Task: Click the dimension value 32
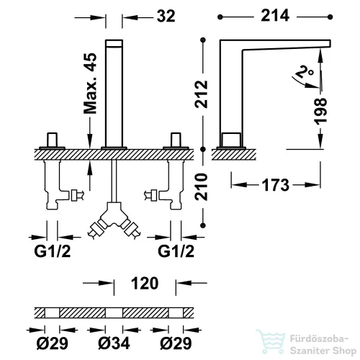pos(166,17)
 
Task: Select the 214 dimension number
pos(275,16)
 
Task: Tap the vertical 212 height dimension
pos(201,94)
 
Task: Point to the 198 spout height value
pos(320,111)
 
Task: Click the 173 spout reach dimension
pos(276,185)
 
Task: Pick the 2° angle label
pos(305,71)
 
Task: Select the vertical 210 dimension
pos(201,186)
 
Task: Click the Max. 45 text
pos(90,84)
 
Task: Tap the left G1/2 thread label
pos(53,251)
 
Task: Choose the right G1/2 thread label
pos(176,251)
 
